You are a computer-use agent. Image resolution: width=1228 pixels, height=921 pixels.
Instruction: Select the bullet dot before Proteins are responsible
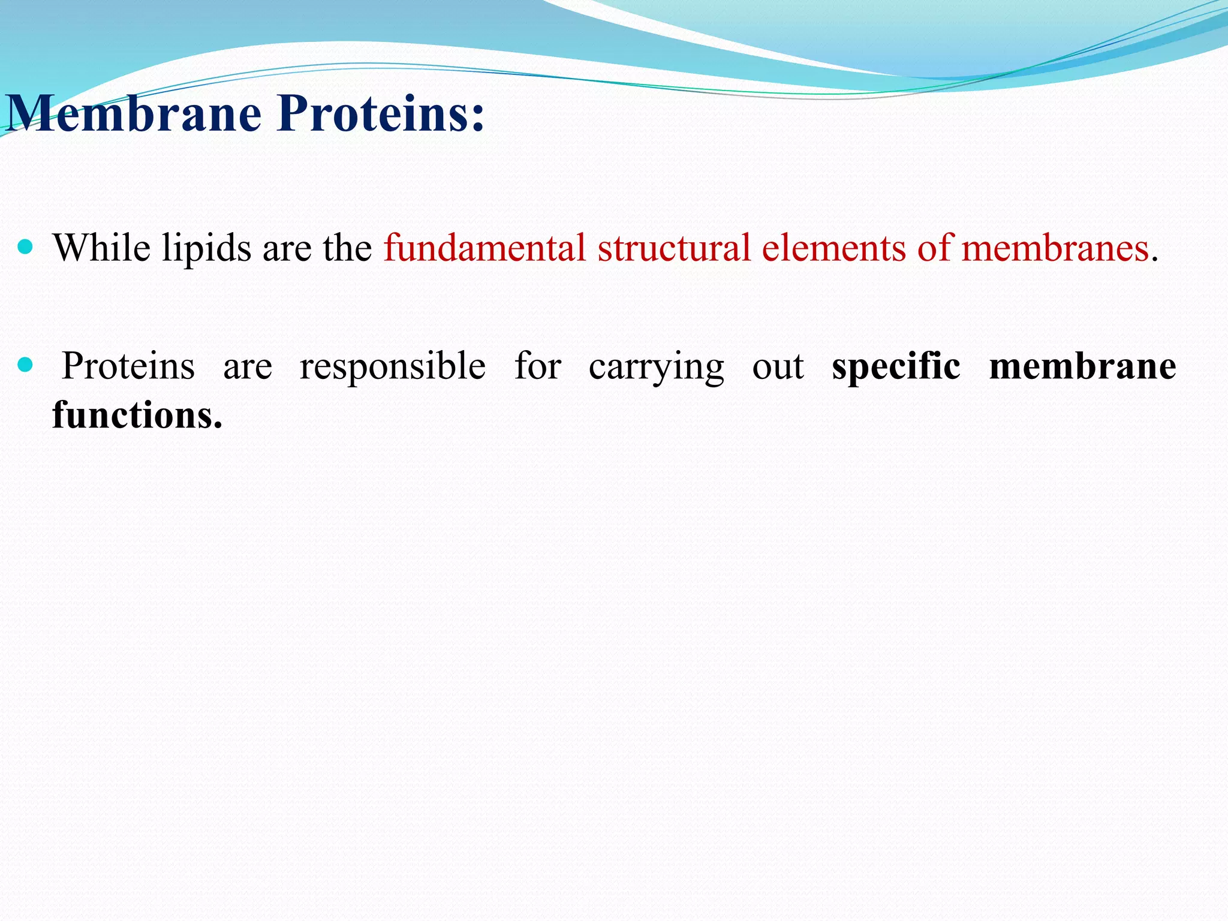click(25, 365)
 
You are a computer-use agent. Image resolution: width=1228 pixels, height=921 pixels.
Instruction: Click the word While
click(101, 247)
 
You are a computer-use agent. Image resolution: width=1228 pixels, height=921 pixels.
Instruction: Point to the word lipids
click(206, 248)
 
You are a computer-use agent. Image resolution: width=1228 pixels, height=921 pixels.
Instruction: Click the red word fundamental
click(484, 247)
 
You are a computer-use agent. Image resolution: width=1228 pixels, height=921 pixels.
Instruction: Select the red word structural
click(673, 247)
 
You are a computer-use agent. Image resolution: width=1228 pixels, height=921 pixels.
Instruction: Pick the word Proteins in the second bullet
click(128, 366)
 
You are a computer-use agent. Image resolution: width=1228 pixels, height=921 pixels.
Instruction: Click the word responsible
click(393, 367)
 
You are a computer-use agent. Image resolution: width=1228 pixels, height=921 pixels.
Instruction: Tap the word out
click(778, 367)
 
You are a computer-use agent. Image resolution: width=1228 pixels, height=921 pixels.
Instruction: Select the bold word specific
click(896, 367)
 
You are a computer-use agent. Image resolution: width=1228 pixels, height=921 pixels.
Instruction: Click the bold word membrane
click(1082, 367)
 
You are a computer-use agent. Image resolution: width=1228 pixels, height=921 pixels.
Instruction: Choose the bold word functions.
click(137, 415)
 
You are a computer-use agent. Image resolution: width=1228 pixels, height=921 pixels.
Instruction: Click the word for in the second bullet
click(538, 366)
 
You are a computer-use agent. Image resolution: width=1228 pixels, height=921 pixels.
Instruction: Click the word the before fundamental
click(347, 247)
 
